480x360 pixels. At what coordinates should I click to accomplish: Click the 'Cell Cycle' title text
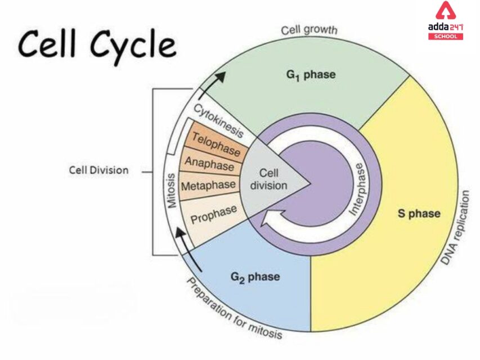pos(96,44)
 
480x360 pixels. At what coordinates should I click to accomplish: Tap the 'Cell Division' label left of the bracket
pos(99,169)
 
